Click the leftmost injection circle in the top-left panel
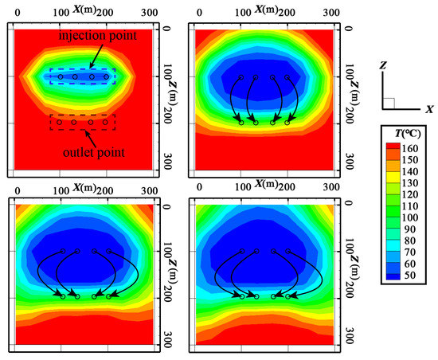point(61,76)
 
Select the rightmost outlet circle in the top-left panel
point(107,122)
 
